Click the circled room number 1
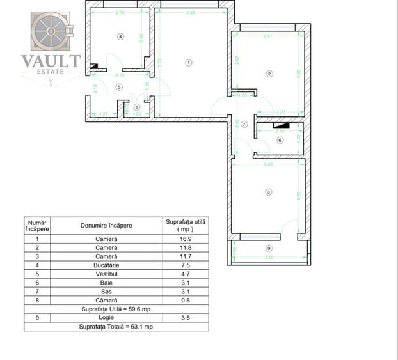[x=188, y=62]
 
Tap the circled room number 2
[x=269, y=74]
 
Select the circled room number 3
[x=269, y=192]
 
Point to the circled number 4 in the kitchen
[x=120, y=36]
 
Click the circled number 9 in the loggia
[x=269, y=247]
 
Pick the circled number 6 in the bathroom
[x=279, y=140]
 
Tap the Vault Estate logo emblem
[x=51, y=31]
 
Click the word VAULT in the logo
[x=51, y=61]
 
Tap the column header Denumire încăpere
[x=107, y=225]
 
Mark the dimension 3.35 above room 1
[x=190, y=12]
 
